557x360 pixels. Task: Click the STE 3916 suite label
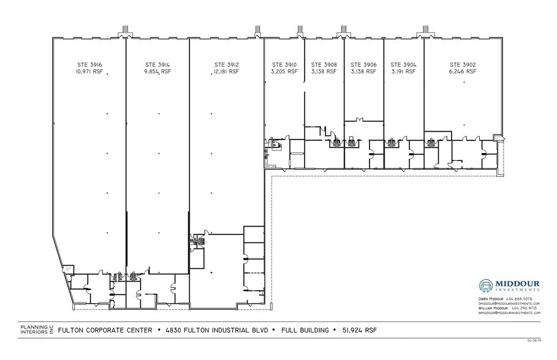[89, 64]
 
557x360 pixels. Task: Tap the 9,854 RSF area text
[158, 72]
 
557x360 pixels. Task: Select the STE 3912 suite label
[227, 64]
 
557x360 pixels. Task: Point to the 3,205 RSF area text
[284, 72]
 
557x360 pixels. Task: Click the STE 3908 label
[324, 64]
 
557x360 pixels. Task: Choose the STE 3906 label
[363, 64]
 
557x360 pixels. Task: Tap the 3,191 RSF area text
[403, 72]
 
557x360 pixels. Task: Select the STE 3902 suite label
[463, 64]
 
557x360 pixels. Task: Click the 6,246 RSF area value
[463, 72]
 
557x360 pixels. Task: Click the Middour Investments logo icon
[487, 286]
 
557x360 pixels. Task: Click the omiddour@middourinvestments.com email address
[509, 303]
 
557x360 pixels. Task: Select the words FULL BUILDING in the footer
[303, 331]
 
